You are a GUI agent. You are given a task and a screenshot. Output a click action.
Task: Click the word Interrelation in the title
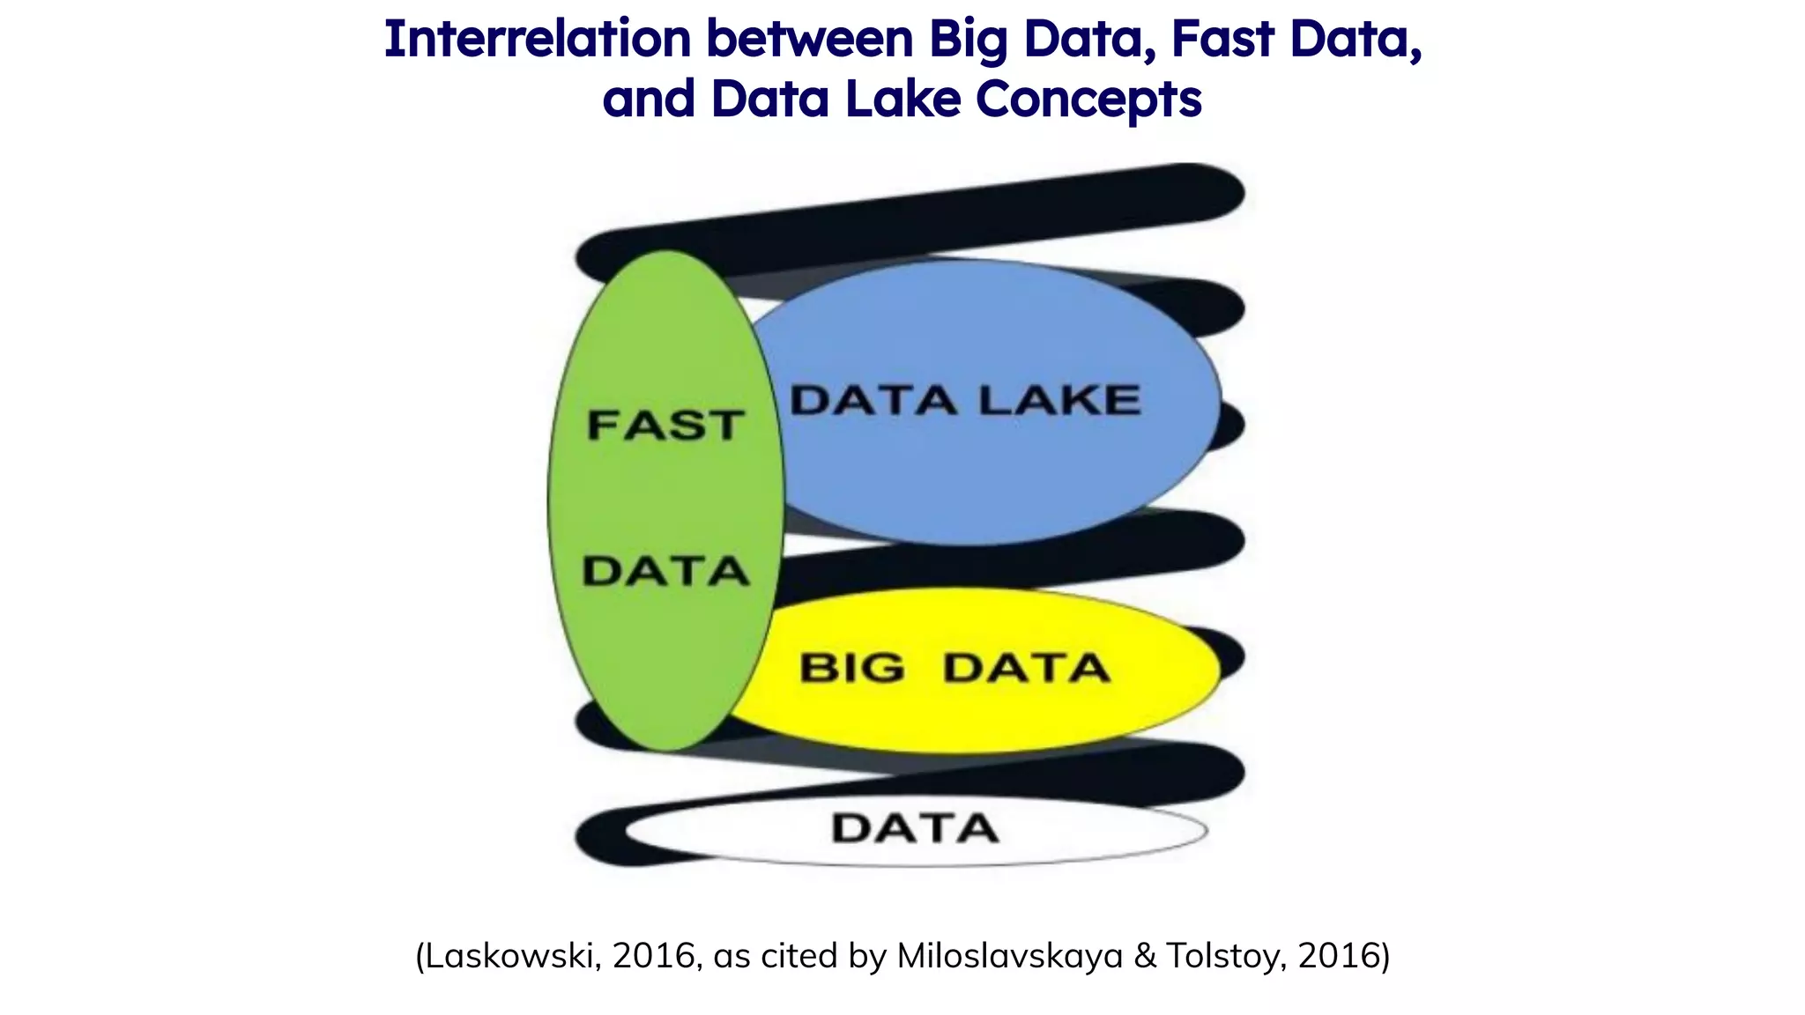537,40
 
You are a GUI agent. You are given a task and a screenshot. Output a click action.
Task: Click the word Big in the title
968,41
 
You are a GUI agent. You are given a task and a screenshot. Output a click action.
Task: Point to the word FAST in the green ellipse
665,426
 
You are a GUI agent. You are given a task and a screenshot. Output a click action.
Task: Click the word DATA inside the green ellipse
665,572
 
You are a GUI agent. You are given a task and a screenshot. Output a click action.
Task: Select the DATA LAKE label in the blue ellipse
965,401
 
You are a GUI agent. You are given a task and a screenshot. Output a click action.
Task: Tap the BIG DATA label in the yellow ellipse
954,668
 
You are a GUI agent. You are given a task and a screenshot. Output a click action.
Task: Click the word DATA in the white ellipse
915,829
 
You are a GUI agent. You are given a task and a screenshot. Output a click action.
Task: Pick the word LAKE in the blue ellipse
1059,401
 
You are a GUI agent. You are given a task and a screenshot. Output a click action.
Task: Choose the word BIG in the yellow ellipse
851,668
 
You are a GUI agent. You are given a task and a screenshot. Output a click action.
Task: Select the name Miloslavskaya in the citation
1009,956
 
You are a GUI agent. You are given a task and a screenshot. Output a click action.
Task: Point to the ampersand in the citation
1144,956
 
